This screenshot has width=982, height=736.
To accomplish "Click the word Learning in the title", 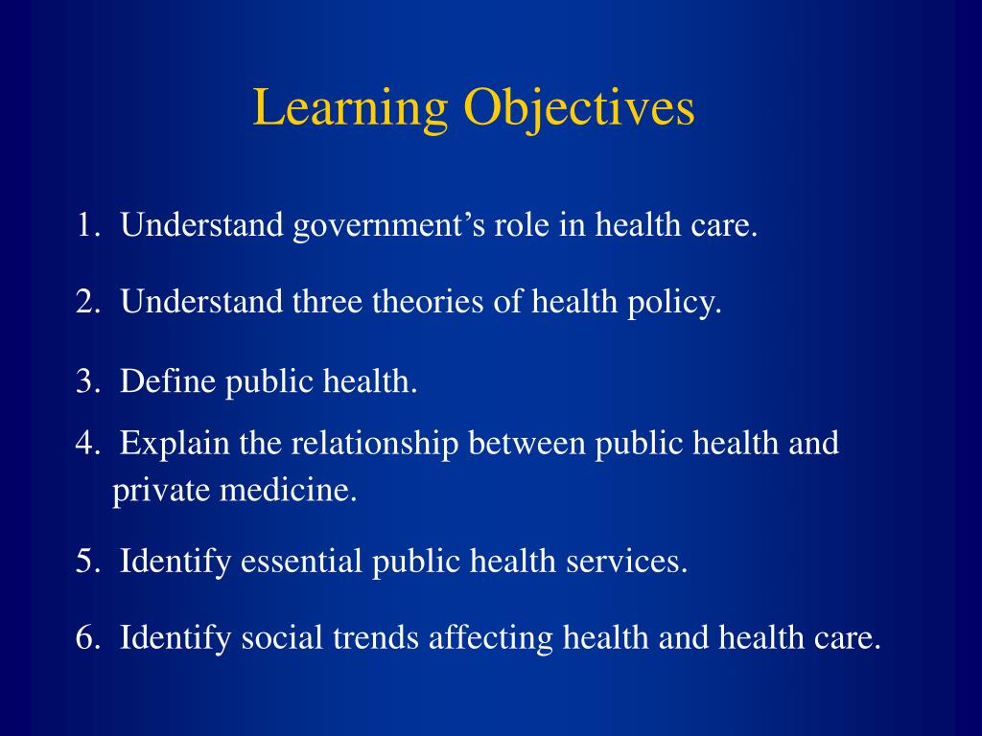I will (350, 109).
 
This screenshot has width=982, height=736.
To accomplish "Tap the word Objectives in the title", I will (579, 109).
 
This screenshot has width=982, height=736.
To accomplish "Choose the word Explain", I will (175, 445).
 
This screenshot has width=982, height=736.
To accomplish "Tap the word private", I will (159, 492).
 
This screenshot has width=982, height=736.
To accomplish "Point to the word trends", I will (372, 637).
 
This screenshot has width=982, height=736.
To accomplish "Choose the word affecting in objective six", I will (491, 638).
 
